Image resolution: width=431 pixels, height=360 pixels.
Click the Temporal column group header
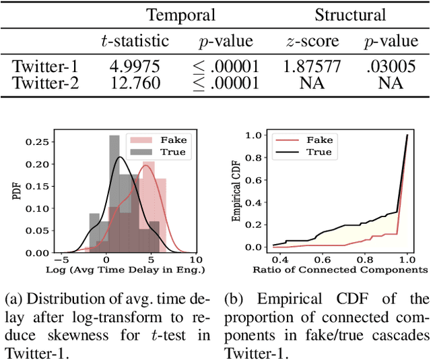(x=181, y=15)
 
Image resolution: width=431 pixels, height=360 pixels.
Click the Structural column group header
(x=350, y=15)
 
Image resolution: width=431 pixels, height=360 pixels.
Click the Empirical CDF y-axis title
(x=236, y=194)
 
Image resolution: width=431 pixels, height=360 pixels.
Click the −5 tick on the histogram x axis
(x=59, y=259)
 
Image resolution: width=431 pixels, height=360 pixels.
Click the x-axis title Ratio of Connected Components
(x=340, y=269)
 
